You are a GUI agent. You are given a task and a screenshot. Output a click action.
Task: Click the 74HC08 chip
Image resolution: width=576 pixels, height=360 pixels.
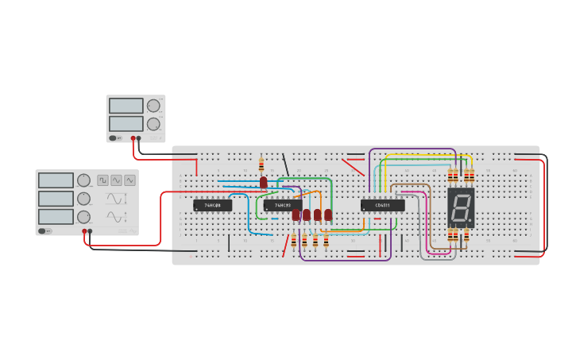click(x=213, y=205)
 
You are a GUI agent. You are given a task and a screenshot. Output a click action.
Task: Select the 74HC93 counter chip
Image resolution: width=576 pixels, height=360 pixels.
click(x=282, y=205)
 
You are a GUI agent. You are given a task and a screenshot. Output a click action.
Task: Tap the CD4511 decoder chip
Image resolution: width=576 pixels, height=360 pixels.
click(x=382, y=205)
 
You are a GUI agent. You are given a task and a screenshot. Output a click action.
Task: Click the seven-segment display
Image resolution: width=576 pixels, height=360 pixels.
click(x=461, y=208)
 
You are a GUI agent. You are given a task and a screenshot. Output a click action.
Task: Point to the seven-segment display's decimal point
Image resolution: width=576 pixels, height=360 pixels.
click(x=472, y=221)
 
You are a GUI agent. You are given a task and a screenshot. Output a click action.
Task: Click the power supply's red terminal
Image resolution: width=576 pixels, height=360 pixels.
click(x=133, y=138)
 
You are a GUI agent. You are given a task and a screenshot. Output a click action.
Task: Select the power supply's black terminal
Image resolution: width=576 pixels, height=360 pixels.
click(x=139, y=138)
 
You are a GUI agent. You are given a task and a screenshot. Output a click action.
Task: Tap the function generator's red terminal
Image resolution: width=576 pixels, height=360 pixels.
click(x=83, y=231)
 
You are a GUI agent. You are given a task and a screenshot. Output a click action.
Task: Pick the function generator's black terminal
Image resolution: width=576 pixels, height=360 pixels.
click(x=90, y=231)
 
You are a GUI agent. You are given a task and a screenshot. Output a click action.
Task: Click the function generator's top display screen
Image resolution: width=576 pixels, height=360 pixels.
click(x=56, y=180)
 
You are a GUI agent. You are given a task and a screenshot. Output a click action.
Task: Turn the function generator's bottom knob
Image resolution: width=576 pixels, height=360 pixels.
click(x=83, y=217)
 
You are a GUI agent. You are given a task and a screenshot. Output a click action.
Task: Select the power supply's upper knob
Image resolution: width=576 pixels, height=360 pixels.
click(x=153, y=106)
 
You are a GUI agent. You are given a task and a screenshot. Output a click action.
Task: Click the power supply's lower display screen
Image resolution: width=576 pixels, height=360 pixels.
click(x=126, y=123)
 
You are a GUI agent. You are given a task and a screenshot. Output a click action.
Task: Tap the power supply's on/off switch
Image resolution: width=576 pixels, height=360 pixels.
click(x=114, y=138)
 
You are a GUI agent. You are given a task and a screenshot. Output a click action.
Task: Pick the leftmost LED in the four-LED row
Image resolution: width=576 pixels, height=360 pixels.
click(x=296, y=215)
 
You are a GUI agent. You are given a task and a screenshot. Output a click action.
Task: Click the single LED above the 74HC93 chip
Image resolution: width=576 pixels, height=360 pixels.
click(x=264, y=183)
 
